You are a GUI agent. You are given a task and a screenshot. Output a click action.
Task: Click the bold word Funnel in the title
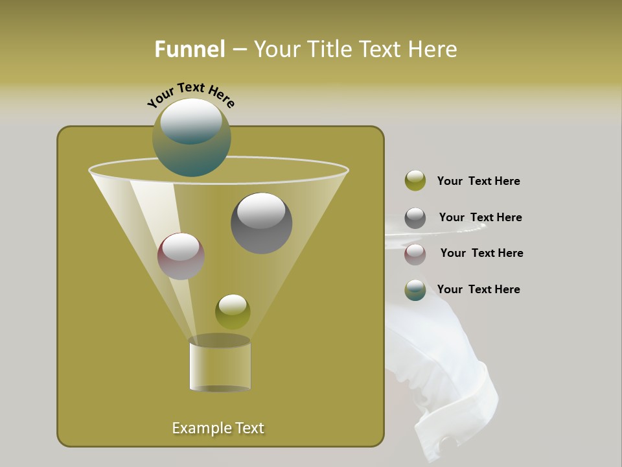point(190,49)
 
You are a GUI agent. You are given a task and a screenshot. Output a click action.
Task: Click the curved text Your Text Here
point(190,95)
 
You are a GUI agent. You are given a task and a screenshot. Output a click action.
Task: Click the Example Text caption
point(218,428)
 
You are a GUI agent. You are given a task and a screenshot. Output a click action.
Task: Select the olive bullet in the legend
point(415,181)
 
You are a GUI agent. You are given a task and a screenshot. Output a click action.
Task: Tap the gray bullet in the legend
point(415,218)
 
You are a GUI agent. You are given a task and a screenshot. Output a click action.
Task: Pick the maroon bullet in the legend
point(415,254)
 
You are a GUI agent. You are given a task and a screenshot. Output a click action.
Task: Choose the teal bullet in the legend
point(415,290)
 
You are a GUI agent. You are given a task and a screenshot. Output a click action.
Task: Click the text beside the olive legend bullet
point(478,181)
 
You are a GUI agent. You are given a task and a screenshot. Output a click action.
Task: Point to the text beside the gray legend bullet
point(480,217)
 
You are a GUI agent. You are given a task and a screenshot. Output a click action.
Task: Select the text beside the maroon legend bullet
point(481,253)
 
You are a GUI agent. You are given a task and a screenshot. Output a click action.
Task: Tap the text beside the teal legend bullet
point(478,289)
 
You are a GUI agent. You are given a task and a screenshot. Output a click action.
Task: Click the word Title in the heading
point(332,49)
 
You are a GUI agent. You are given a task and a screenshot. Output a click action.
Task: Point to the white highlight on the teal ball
point(191,121)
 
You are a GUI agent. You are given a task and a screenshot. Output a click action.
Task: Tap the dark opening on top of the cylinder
point(220,341)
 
